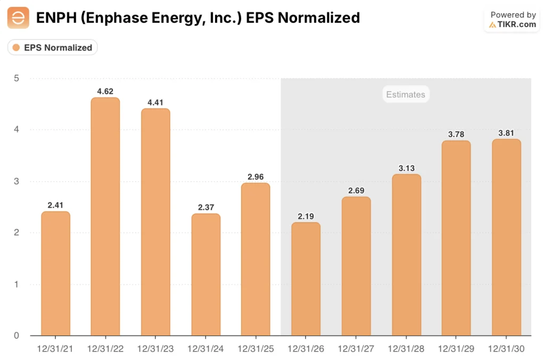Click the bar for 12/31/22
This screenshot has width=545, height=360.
point(105,216)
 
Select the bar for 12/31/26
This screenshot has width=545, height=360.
point(305,279)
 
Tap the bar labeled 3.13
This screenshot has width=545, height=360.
point(406,255)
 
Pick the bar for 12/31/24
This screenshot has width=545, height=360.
point(205,274)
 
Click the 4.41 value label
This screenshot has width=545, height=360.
point(155,102)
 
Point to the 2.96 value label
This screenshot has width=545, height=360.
point(255,176)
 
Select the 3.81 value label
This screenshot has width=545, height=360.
point(506,133)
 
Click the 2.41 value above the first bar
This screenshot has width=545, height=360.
point(55,204)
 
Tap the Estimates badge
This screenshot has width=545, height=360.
point(406,94)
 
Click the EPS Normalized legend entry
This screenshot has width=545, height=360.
point(52,47)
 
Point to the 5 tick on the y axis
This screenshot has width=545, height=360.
point(16,78)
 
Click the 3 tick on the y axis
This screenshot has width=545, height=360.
point(16,181)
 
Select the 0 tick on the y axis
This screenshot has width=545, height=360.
point(16,336)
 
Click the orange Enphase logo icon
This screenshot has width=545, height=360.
point(18,18)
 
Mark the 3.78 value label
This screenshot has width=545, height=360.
point(456,134)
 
